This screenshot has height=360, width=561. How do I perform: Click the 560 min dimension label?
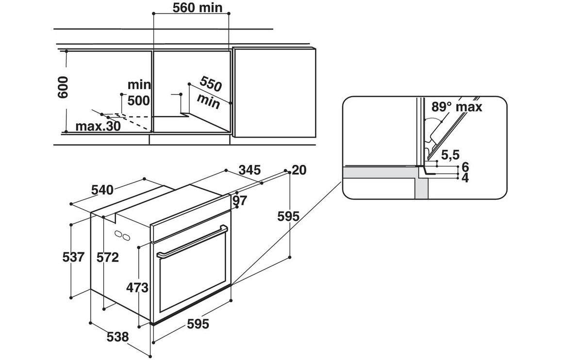(x=198, y=7)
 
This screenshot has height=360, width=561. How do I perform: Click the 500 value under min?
(x=138, y=101)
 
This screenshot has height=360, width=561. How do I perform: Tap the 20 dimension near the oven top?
(x=300, y=170)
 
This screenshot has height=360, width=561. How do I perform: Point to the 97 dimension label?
(x=240, y=200)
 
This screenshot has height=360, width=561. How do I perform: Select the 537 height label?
(x=74, y=257)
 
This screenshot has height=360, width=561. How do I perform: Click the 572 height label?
(x=107, y=257)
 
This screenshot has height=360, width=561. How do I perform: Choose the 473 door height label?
(x=137, y=288)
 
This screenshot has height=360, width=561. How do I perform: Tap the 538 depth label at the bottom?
(x=118, y=336)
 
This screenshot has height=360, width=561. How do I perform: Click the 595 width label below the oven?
(x=198, y=324)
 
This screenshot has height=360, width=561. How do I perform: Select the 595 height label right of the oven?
(x=288, y=216)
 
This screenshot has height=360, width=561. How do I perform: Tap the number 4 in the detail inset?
(x=465, y=178)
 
